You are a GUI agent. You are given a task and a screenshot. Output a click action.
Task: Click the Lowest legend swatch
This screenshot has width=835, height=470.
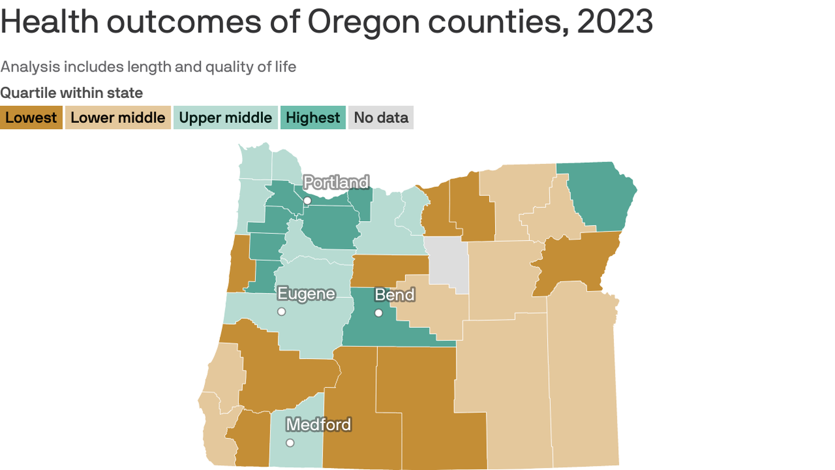pyautogui.click(x=31, y=117)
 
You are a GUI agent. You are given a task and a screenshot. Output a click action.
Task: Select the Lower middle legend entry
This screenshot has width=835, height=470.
pyautogui.click(x=118, y=117)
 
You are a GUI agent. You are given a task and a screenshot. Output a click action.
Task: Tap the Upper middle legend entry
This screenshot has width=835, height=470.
pyautogui.click(x=225, y=117)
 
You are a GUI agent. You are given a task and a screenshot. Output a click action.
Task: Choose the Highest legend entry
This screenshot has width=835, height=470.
pyautogui.click(x=312, y=117)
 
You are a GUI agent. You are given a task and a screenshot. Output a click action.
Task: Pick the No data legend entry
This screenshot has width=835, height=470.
pyautogui.click(x=381, y=117)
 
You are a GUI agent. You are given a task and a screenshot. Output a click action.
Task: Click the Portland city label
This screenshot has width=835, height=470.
pyautogui.click(x=336, y=182)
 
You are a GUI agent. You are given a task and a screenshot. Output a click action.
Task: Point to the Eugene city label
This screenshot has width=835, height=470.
pyautogui.click(x=306, y=294)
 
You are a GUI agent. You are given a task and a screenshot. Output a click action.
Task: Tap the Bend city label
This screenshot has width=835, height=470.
pyautogui.click(x=394, y=295)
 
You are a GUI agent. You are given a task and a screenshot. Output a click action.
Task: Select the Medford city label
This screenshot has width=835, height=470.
pyautogui.click(x=318, y=424)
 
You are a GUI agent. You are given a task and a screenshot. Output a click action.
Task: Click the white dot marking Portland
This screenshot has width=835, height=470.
pyautogui.click(x=307, y=201)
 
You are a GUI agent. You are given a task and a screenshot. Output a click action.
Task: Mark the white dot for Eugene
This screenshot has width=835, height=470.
pyautogui.click(x=281, y=311)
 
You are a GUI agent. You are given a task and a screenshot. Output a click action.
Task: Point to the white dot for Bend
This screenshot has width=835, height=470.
pyautogui.click(x=378, y=313)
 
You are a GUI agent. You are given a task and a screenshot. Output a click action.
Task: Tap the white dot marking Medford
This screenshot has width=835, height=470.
pyautogui.click(x=290, y=442)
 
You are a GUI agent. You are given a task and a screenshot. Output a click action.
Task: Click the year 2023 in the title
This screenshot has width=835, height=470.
pyautogui.click(x=615, y=22)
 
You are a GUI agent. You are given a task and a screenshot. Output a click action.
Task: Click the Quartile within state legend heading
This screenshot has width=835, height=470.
pyautogui.click(x=72, y=93)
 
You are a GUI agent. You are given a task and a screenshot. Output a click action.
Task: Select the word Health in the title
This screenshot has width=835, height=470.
pyautogui.click(x=50, y=22)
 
